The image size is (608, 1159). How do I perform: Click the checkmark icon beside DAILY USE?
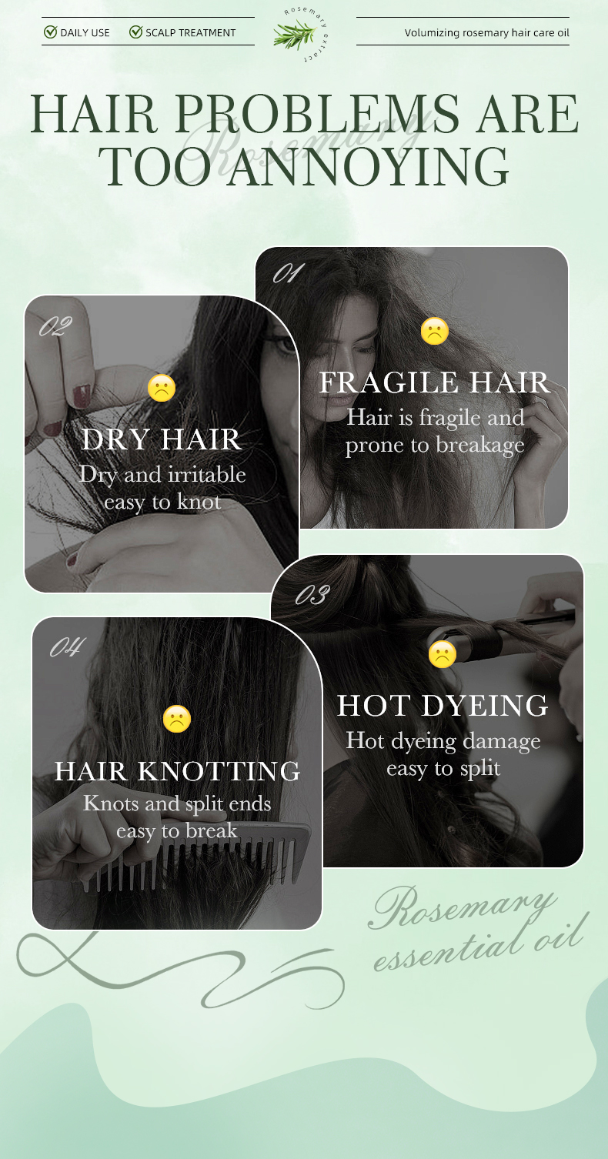pos(51,32)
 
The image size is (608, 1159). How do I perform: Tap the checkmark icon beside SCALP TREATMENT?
pos(136,32)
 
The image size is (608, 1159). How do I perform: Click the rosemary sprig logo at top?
pos(296,35)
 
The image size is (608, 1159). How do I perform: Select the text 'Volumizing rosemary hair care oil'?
pos(486,33)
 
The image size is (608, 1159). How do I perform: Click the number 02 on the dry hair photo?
pos(55,327)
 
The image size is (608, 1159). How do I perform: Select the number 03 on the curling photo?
pos(313,595)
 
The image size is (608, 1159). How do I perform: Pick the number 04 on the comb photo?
pos(68,647)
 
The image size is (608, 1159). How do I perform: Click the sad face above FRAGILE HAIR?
pos(435,331)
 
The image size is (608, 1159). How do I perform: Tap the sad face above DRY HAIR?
pos(162,388)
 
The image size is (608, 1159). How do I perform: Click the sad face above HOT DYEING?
pos(443,654)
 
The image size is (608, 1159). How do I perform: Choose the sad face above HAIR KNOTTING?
pos(177,719)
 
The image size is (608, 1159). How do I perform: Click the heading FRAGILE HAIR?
pos(435,382)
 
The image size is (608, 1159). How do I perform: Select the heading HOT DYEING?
pos(443,706)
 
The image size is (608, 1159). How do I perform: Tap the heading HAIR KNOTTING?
pos(177,771)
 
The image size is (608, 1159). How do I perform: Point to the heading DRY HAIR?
pos(162,439)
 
